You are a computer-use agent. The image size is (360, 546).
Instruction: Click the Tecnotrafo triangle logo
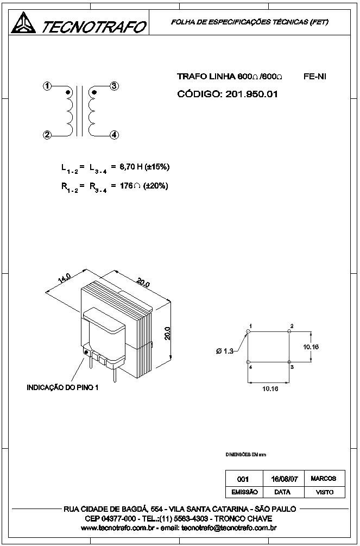[x=23, y=23]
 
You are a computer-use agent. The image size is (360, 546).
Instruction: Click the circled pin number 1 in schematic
[x=48, y=86]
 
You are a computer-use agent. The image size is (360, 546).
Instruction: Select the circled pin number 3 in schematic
[x=114, y=86]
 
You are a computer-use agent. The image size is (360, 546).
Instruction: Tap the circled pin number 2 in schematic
[x=48, y=135]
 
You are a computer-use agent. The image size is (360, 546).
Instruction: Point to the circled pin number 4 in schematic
[x=114, y=135]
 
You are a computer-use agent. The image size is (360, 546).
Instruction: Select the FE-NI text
[x=315, y=77]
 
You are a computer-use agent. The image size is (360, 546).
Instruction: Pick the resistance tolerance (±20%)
[x=155, y=186]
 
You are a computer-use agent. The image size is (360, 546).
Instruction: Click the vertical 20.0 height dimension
[x=168, y=333]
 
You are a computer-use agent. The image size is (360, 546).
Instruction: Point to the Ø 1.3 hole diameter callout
[x=224, y=351]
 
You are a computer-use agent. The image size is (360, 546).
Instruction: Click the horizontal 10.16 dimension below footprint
[x=270, y=388]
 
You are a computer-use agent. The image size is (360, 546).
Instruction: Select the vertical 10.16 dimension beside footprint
[x=311, y=346]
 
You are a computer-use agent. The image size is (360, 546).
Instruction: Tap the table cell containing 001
[x=243, y=479]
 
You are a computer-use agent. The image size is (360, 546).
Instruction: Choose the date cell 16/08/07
[x=284, y=479]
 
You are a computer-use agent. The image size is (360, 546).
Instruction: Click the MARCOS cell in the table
[x=324, y=479]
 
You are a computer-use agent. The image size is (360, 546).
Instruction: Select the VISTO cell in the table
[x=324, y=492]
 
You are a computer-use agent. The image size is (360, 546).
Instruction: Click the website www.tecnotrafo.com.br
[x=118, y=528]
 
